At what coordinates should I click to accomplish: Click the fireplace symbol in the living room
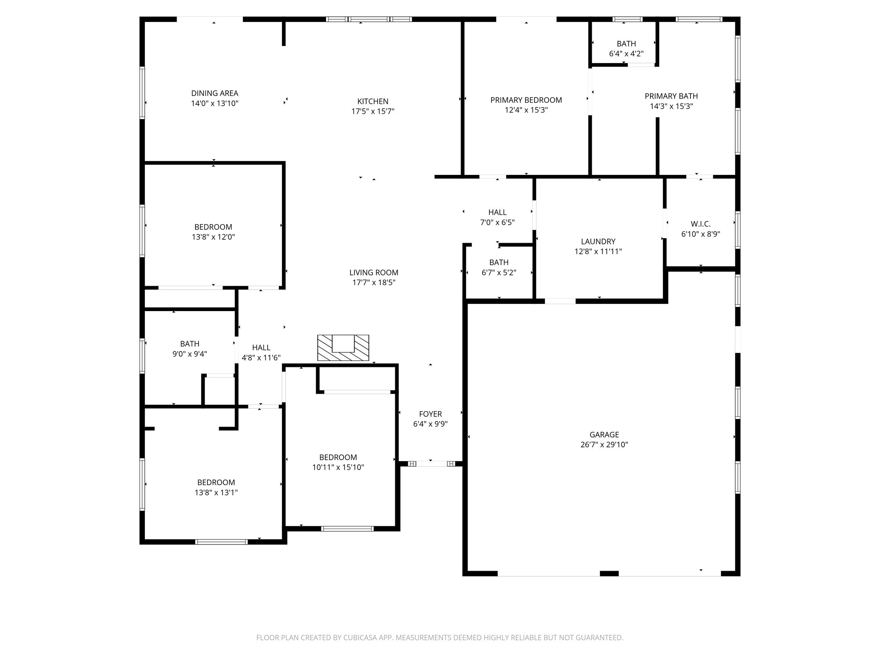click(x=343, y=348)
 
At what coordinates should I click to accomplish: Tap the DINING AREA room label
click(x=214, y=93)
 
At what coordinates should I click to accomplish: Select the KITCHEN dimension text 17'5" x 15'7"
click(x=373, y=112)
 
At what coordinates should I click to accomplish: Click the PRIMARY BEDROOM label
click(x=526, y=100)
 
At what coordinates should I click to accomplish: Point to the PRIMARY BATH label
click(x=671, y=96)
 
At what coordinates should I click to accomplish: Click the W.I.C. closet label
click(x=700, y=224)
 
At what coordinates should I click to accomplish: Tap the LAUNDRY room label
click(x=598, y=241)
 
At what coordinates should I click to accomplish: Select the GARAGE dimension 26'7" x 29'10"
click(x=604, y=445)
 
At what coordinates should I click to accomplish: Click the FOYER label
click(x=430, y=414)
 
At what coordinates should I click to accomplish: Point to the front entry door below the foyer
click(x=431, y=464)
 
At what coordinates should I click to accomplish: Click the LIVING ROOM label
click(x=373, y=272)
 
